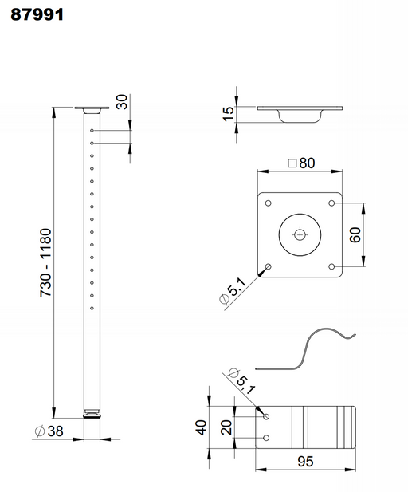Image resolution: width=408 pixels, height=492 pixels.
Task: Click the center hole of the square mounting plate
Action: tap(300, 234)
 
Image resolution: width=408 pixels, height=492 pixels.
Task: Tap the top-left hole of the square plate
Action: tap(268, 203)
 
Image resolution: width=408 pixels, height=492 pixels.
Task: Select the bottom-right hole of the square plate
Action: tap(331, 266)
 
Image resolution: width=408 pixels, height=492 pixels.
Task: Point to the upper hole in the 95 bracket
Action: tap(267, 416)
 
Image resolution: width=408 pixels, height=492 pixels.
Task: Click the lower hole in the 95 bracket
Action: tap(267, 437)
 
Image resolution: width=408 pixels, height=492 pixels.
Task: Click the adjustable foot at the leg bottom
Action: tap(93, 415)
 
